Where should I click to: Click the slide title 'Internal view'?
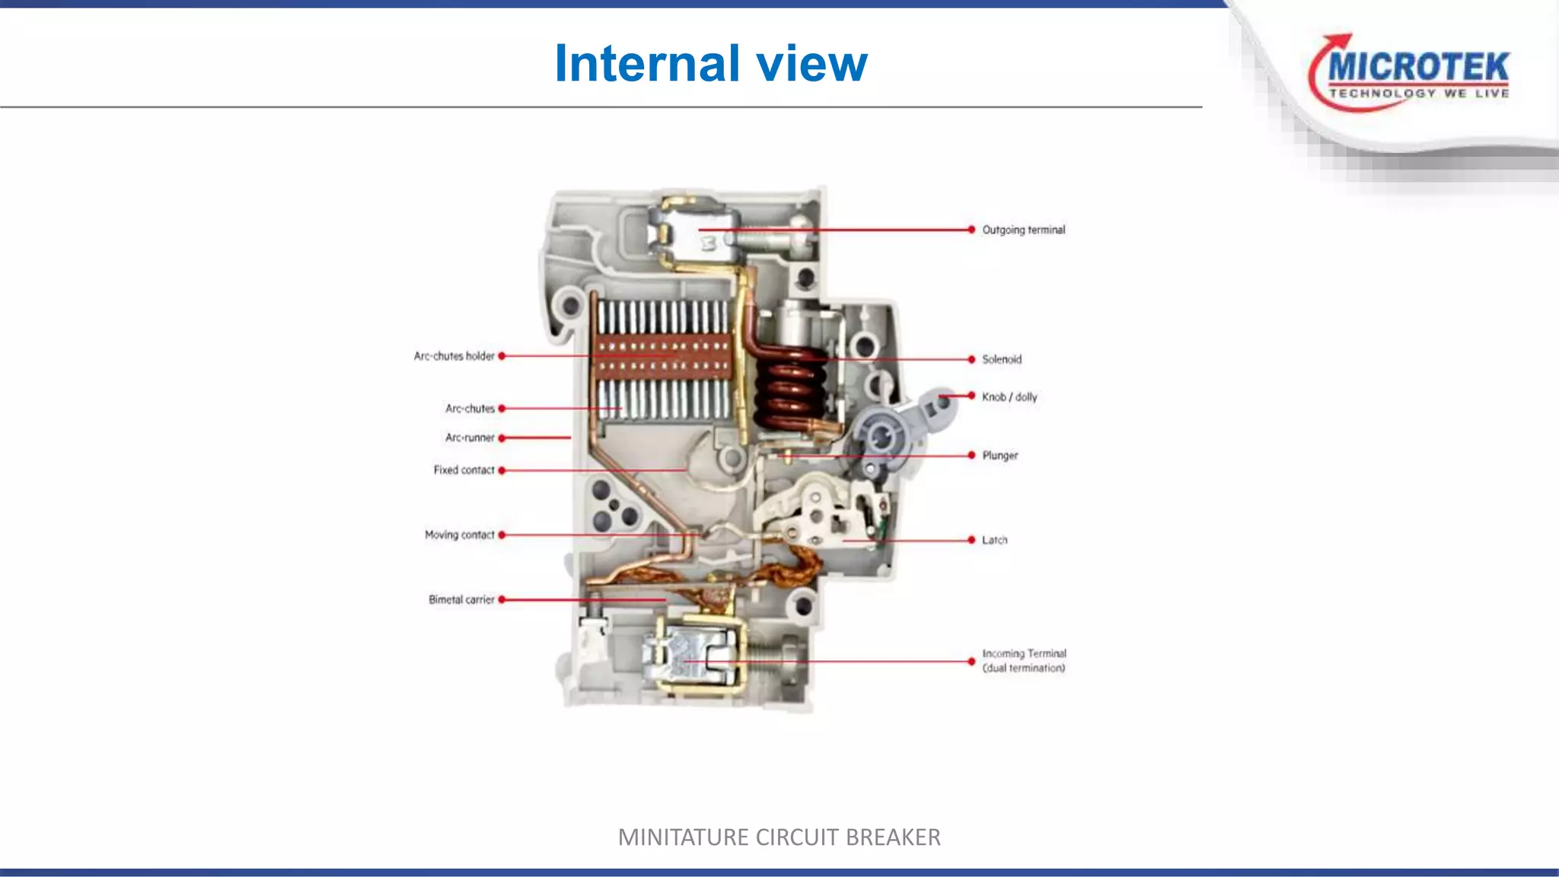coord(710,63)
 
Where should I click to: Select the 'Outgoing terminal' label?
coord(1023,230)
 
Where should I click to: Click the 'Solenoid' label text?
coord(1001,359)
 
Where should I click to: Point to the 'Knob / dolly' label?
coord(1009,397)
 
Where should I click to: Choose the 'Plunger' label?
coord(999,455)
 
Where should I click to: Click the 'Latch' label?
coord(994,540)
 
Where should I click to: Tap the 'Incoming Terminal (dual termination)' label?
coord(1024,661)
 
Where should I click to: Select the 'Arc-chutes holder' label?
coord(454,356)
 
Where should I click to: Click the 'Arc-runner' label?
coord(470,438)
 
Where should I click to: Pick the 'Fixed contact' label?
coord(464,470)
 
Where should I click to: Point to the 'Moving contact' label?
coord(459,535)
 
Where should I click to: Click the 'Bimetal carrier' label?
coord(461,600)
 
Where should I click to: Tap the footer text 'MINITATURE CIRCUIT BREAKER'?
coord(779,837)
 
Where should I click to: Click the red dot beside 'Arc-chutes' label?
coord(502,409)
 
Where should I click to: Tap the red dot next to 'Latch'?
coord(971,540)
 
